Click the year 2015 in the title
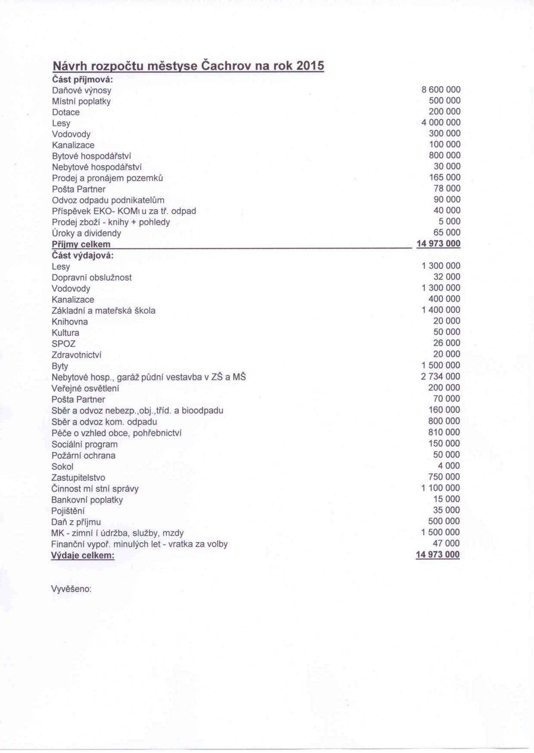(309, 66)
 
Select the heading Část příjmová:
(82, 79)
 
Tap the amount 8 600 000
(441, 90)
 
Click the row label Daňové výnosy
(82, 91)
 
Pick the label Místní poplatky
(81, 101)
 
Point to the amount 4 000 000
(441, 123)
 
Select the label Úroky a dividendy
(86, 233)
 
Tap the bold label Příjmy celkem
(81, 244)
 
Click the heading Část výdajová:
(83, 255)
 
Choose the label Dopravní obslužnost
(92, 278)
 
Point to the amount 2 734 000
(441, 376)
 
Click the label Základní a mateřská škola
(103, 310)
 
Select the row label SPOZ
(64, 344)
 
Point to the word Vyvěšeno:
(71, 589)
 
